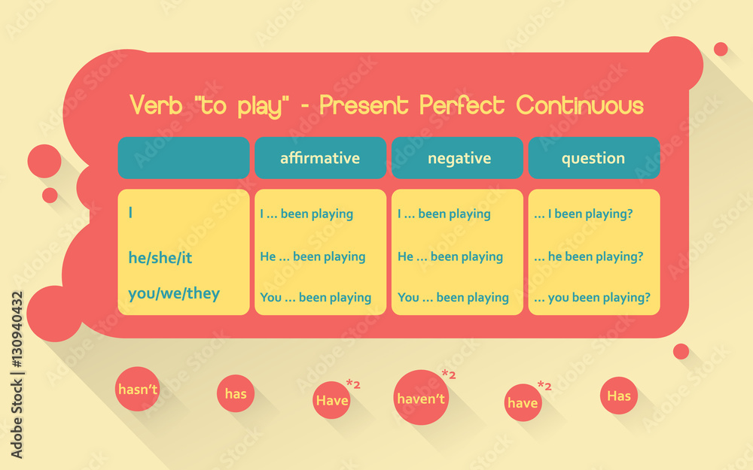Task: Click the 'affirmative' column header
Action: (x=320, y=158)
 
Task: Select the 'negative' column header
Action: (x=459, y=158)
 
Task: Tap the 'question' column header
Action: (x=593, y=158)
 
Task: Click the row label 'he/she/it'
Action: (x=160, y=258)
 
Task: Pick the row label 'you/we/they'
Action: (x=174, y=293)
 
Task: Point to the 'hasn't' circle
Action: (x=137, y=389)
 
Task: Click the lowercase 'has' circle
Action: (x=236, y=393)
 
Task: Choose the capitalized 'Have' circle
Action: (x=331, y=400)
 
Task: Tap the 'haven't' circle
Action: (x=421, y=398)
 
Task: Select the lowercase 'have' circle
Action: (x=523, y=402)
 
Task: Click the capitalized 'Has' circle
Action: (x=619, y=396)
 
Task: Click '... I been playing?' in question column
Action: (x=583, y=214)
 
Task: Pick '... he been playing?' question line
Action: (x=588, y=256)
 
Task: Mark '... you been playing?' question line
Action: (x=592, y=298)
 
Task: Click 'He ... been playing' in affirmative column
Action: (x=312, y=256)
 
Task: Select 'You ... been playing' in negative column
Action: (x=453, y=298)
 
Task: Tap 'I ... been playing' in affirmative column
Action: (x=306, y=214)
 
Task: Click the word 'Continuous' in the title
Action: (x=580, y=106)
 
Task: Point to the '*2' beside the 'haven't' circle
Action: (x=449, y=374)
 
